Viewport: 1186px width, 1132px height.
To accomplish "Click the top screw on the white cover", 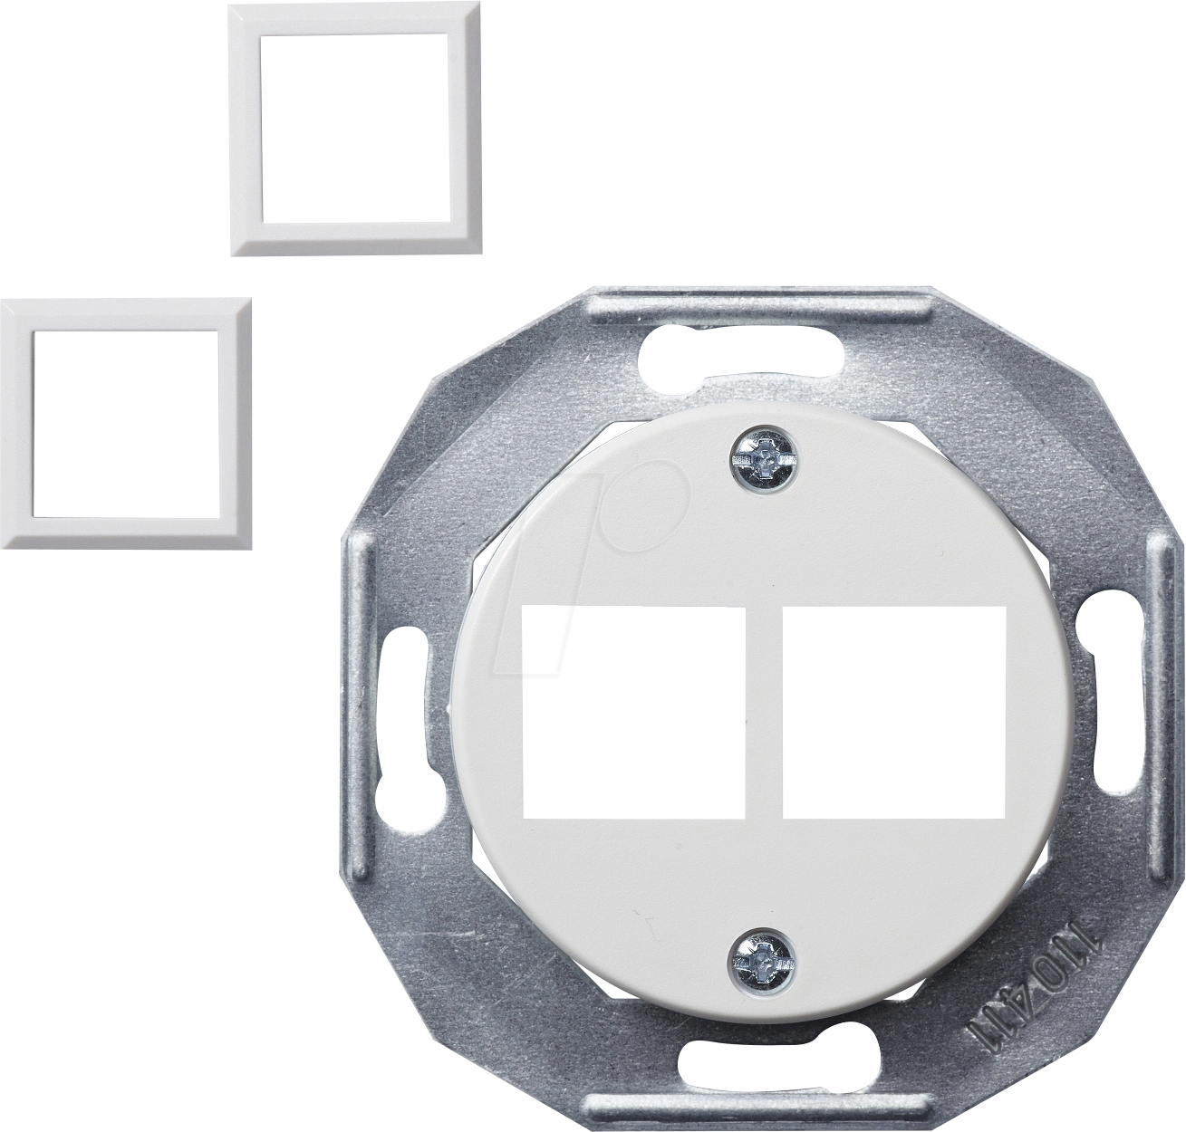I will [x=764, y=459].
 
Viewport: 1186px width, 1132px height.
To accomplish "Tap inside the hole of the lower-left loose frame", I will [x=128, y=422].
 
